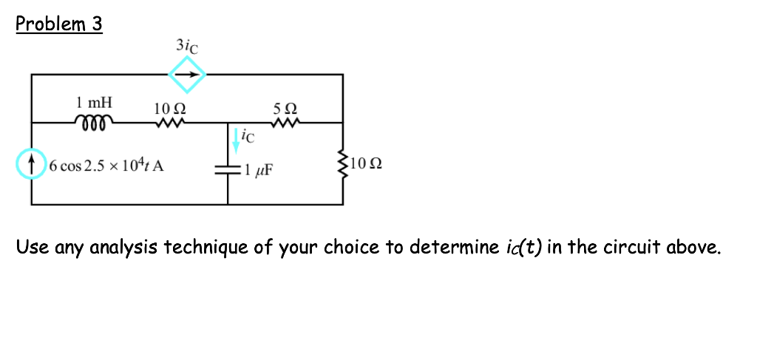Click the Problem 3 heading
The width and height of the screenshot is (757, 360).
59,24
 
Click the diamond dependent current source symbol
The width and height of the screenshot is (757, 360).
186,75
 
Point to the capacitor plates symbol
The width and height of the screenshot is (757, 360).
228,169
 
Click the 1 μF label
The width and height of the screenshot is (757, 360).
258,171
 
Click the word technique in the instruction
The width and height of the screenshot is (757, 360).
201,247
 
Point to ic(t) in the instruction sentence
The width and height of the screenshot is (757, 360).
520,246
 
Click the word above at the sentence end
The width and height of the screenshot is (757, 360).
693,246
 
